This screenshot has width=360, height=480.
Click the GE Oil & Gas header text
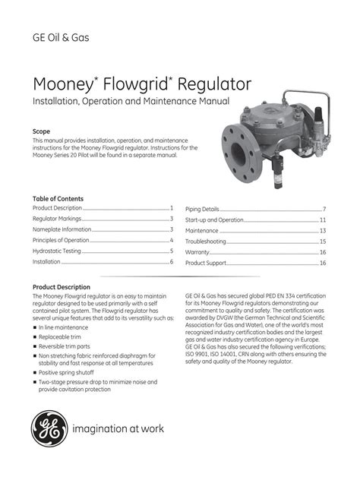[x=62, y=38]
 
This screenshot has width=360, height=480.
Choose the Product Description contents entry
[x=57, y=208]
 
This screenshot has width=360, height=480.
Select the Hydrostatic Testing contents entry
[x=55, y=251]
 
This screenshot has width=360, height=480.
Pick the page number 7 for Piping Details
[x=324, y=209]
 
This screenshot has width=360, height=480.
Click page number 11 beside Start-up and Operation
[x=323, y=219]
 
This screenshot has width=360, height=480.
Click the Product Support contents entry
[x=206, y=262]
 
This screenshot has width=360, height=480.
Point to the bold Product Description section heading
[x=62, y=287]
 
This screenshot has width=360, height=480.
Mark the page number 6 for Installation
[x=172, y=261]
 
